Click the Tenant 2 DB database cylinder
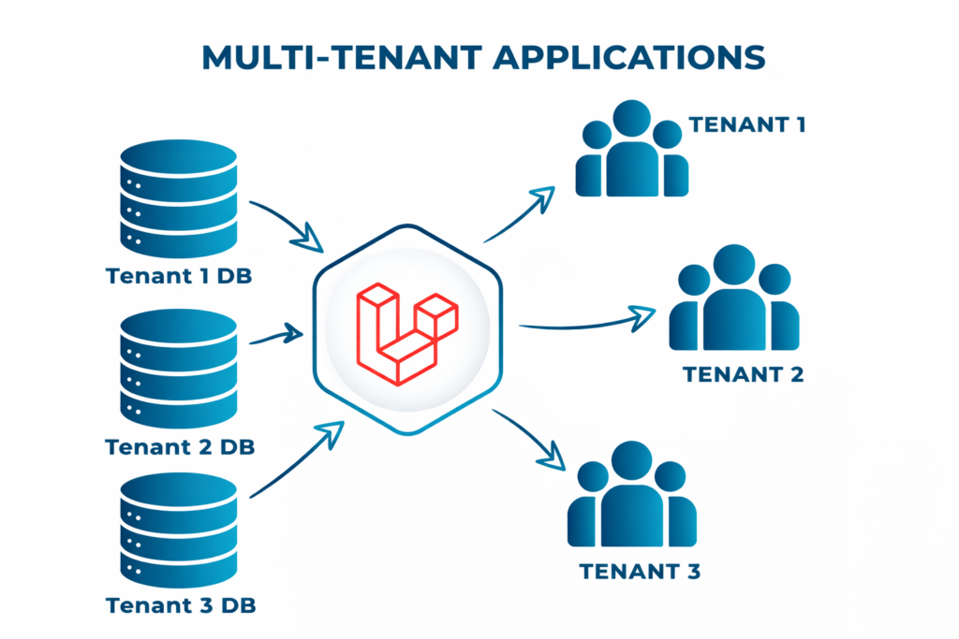[x=179, y=369]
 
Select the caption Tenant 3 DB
[x=181, y=605]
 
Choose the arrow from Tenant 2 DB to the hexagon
[x=279, y=335]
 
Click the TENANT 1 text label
[x=746, y=123]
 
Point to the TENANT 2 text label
[x=743, y=374]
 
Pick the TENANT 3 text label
[x=639, y=571]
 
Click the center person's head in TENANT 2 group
[x=733, y=265]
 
